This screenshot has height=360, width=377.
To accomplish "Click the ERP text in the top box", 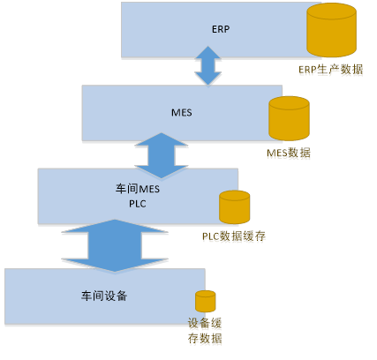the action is [221, 29].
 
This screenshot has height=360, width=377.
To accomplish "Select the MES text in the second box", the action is [182, 113].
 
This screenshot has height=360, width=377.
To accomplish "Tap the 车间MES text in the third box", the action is [138, 189].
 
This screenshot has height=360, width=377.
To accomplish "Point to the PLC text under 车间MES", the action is [138, 204].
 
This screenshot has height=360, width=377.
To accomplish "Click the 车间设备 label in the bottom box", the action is [104, 296].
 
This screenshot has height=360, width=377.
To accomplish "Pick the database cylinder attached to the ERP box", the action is [331, 30].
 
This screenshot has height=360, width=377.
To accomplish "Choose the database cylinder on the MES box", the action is [289, 118].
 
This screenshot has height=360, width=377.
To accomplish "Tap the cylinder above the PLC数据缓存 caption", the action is [235, 207].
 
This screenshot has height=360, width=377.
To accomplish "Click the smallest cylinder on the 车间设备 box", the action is [206, 301].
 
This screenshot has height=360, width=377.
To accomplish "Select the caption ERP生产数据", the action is [331, 70].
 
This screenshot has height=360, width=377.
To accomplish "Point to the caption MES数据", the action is [289, 153].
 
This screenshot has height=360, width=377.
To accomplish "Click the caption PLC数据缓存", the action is [234, 236].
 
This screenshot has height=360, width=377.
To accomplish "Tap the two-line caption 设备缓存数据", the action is [205, 331].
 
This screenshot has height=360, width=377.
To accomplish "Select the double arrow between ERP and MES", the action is [208, 65].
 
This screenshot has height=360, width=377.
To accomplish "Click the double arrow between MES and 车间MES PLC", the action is [162, 155].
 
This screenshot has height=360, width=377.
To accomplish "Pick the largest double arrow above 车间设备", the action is [115, 245].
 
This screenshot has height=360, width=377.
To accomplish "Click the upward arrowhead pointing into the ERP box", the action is [208, 53].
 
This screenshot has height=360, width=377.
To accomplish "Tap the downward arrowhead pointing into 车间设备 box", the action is [115, 265].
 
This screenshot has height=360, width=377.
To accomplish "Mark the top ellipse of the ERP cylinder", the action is [331, 11].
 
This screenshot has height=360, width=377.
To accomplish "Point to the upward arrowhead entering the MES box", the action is [162, 139].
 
